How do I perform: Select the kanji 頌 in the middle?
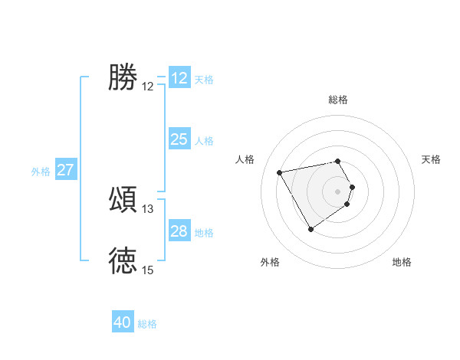pos(123,199)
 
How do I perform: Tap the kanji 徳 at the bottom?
pos(123,260)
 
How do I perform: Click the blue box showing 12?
pos(179,78)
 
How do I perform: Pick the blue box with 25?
pos(179,139)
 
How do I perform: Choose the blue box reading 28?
pos(179,231)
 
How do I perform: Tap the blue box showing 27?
pos(66,170)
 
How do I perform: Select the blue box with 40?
pos(123,322)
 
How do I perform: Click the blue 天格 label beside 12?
pos(204,79)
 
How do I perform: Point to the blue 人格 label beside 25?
pos(204,140)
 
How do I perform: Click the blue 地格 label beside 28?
pos(204,232)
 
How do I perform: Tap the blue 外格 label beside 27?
pos(41,172)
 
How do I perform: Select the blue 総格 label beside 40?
pos(147,324)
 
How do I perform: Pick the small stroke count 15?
pos(148,270)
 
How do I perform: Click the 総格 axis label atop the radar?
pos(338,100)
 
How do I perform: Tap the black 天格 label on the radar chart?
pos(431,159)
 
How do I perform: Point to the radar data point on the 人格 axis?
pos(280,172)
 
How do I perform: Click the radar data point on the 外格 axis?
pos(310,229)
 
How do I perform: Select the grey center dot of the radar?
pos(338,191)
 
